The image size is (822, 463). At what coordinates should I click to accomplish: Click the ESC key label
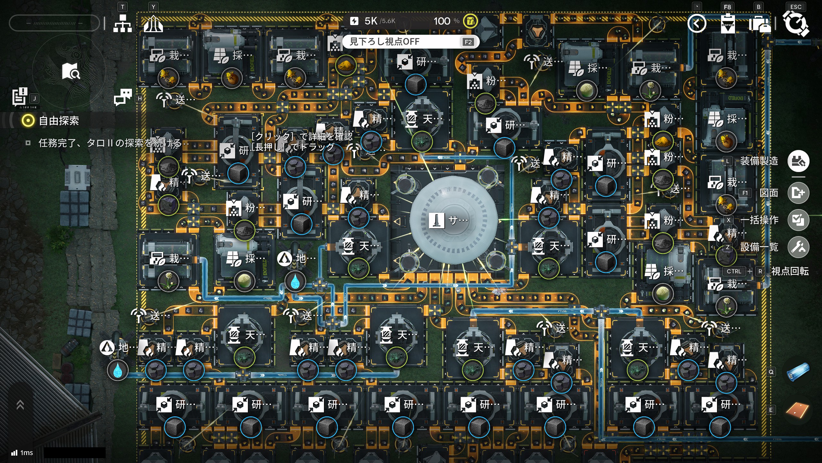(796, 7)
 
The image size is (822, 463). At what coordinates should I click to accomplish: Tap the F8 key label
(727, 7)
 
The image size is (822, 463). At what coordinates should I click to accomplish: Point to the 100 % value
(446, 21)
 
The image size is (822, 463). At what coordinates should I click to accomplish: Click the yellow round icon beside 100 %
(471, 21)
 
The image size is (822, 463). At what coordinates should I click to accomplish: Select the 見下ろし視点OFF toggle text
(384, 41)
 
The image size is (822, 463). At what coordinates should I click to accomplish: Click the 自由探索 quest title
(59, 121)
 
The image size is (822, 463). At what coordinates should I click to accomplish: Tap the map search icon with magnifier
(71, 71)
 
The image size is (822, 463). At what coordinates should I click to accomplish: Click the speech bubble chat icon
(123, 97)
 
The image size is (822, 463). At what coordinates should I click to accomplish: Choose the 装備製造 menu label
(759, 161)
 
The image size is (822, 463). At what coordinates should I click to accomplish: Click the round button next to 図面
(798, 193)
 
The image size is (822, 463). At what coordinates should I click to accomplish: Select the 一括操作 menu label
(759, 220)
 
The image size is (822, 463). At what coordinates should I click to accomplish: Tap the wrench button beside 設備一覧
(798, 247)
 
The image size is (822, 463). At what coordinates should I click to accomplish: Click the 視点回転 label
(790, 271)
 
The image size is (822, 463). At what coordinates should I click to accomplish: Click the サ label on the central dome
(458, 221)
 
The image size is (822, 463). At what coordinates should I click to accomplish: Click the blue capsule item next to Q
(798, 372)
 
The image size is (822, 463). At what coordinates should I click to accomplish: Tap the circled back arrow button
(697, 23)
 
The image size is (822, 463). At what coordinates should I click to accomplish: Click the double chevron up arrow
(20, 405)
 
